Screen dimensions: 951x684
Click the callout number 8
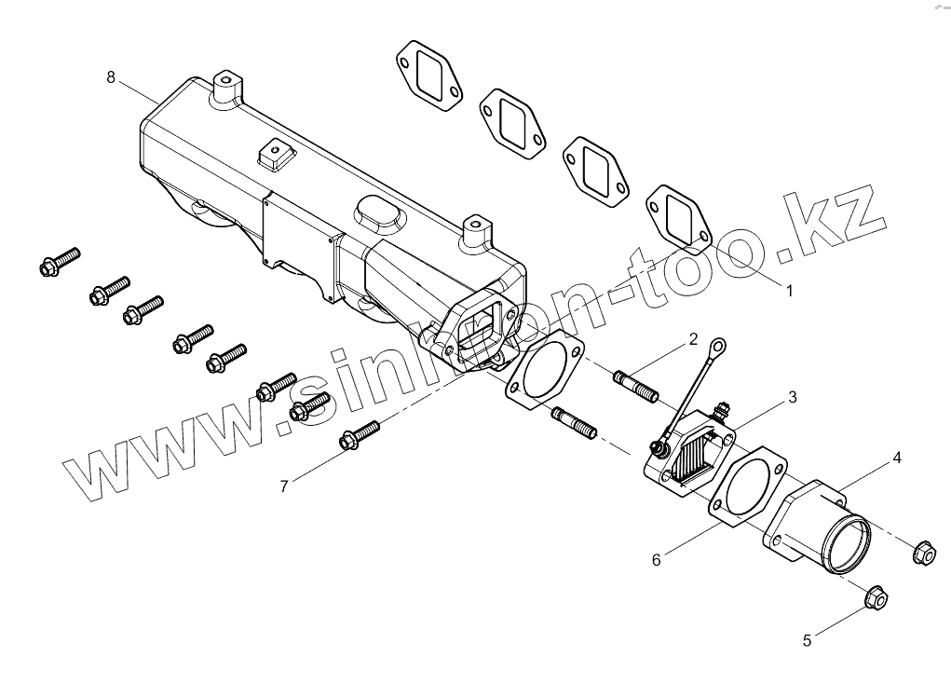[111, 76]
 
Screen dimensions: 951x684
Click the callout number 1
[789, 291]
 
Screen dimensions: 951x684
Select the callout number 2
[693, 339]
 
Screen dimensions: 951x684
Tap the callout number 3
[793, 397]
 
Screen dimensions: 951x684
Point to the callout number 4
[896, 458]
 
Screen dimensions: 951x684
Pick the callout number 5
[808, 640]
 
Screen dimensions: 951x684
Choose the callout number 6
[656, 559]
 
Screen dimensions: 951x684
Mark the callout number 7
[285, 485]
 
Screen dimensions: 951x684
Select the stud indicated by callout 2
[636, 387]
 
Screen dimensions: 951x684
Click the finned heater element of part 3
[698, 459]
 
